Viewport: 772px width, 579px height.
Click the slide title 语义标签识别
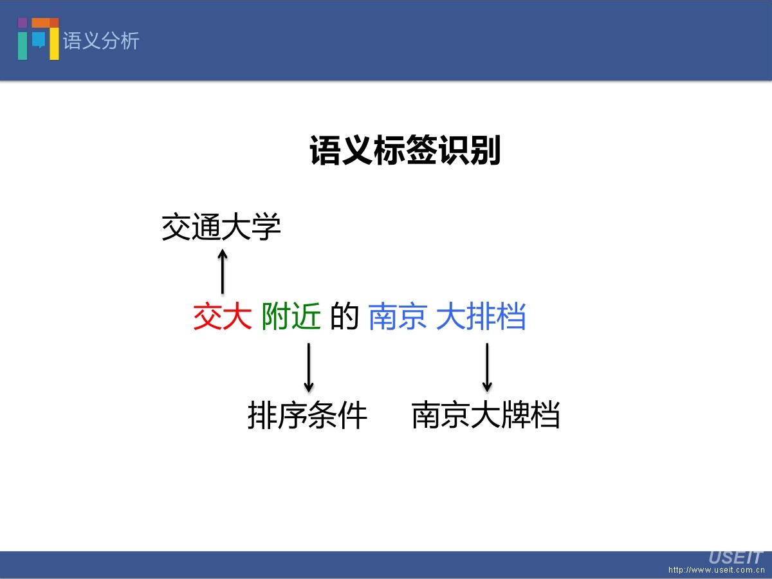pos(405,151)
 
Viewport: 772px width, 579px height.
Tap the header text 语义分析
pos(101,41)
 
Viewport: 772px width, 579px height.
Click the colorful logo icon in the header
pos(39,39)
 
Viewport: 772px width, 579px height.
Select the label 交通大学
pos(221,228)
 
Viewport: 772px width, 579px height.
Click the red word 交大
pos(222,317)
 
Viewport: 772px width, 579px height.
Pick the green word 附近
pos(291,317)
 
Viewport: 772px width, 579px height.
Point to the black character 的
pos(344,317)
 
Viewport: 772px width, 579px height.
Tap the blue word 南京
pos(398,317)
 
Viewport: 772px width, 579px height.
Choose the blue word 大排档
pos(481,317)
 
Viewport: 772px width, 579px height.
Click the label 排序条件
pos(308,416)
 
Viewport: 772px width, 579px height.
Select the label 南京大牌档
pos(486,416)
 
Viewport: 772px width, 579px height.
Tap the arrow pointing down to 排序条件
pos(309,367)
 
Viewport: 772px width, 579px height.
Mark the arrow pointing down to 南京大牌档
pos(487,367)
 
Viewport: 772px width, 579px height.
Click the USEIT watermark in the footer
pos(735,557)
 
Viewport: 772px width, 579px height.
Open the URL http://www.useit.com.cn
pos(715,570)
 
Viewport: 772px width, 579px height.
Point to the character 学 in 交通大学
pos(266,228)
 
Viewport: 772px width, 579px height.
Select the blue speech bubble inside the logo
pos(39,40)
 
